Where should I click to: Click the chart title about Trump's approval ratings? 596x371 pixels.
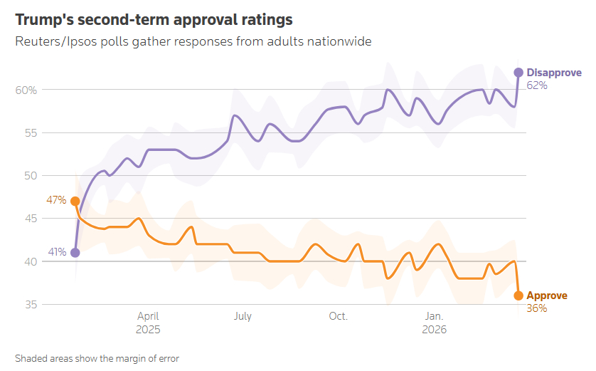click(x=154, y=19)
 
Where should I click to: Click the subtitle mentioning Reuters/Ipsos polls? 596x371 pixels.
click(x=193, y=41)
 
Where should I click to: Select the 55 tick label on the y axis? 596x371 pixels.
click(x=31, y=133)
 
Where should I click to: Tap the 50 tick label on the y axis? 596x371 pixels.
click(x=31, y=176)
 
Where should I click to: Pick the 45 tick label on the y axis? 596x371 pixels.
click(x=31, y=219)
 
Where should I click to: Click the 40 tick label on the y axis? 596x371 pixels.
click(x=31, y=262)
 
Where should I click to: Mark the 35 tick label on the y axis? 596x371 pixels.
click(x=31, y=305)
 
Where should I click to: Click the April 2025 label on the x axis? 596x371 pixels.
click(x=148, y=323)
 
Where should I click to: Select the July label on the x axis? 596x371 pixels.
click(x=243, y=316)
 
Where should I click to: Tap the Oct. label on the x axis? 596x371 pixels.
click(x=338, y=316)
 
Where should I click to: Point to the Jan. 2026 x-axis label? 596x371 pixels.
click(x=435, y=323)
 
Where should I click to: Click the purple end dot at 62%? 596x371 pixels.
click(x=518, y=73)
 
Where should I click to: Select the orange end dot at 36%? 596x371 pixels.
click(x=518, y=296)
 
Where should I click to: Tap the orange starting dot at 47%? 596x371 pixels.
click(x=75, y=202)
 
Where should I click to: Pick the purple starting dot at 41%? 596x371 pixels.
click(x=75, y=253)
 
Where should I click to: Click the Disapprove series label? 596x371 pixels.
click(x=554, y=73)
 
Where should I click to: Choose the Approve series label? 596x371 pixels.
click(x=547, y=296)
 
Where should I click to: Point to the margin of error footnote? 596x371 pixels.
click(x=97, y=358)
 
